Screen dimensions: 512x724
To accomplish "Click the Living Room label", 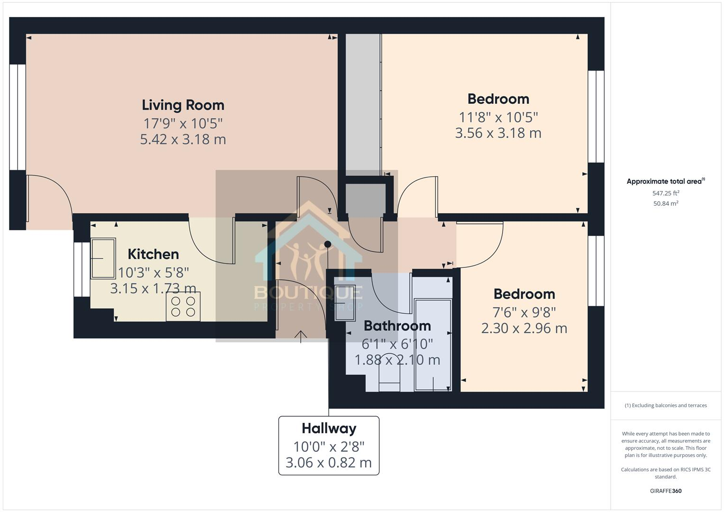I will (x=183, y=105).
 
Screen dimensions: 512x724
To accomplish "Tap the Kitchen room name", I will (x=153, y=254).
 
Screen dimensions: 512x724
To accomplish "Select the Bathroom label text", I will (x=397, y=326).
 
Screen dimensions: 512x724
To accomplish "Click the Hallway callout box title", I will (x=329, y=429).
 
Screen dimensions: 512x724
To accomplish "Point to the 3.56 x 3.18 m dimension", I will (x=498, y=133).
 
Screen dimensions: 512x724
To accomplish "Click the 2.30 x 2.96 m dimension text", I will (x=524, y=328).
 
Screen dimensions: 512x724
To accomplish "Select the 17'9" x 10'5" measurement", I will (x=183, y=123).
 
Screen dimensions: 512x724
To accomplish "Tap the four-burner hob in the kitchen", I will (x=183, y=306).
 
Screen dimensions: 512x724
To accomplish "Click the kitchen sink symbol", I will (x=103, y=258).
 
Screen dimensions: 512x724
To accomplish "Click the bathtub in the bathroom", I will (x=433, y=345).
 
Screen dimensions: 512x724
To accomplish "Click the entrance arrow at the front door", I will (x=301, y=335).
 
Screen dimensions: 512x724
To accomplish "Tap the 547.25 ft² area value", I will (x=666, y=193).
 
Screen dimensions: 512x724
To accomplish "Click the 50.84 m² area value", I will (x=666, y=203).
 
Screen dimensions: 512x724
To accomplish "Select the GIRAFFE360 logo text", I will (x=666, y=491).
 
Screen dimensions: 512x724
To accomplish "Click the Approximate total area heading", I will (x=665, y=181).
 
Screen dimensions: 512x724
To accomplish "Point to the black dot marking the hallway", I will (x=328, y=245).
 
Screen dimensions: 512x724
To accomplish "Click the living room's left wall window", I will (x=18, y=117).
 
